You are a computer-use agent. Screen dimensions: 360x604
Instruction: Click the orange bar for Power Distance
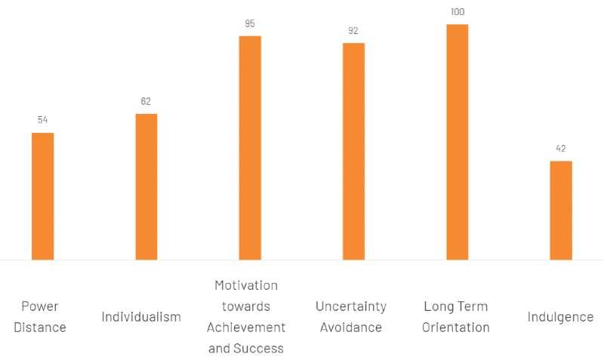[42, 196]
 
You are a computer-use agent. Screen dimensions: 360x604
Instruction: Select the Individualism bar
[146, 186]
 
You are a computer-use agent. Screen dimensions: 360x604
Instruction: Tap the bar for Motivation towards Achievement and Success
[250, 148]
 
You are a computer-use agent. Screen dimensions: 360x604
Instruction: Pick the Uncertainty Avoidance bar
[353, 151]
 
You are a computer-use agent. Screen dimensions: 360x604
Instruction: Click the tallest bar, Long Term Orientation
[457, 142]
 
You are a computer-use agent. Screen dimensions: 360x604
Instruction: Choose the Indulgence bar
[561, 210]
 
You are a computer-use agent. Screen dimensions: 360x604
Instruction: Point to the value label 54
[42, 120]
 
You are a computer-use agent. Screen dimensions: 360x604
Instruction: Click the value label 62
[146, 101]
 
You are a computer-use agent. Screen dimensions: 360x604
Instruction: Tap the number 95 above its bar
[250, 23]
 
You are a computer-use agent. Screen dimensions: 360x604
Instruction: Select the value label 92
[353, 31]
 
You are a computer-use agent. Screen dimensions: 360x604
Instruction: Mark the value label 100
[457, 12]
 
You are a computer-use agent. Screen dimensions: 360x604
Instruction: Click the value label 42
[561, 148]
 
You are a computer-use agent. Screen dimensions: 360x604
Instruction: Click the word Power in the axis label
[40, 306]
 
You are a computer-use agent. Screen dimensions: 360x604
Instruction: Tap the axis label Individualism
[141, 317]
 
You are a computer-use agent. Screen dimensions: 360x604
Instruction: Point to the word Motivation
[246, 285]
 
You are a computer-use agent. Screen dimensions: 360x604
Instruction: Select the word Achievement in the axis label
[246, 328]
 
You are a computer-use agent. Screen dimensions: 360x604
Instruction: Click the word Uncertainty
[351, 306]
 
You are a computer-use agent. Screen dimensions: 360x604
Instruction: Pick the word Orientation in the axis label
[456, 328]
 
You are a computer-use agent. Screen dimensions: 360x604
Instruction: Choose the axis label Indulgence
[560, 317]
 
